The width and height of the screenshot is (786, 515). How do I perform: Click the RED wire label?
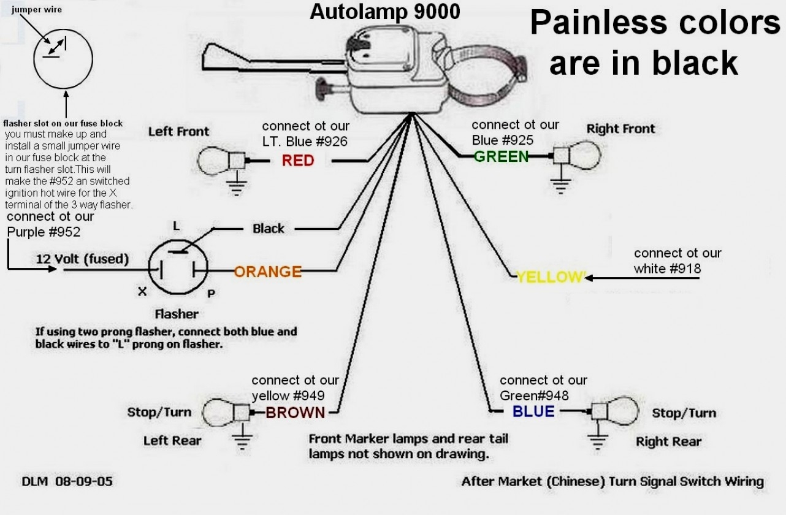click(298, 161)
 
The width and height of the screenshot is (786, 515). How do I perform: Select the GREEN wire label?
click(501, 156)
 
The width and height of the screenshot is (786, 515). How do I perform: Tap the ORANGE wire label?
click(268, 272)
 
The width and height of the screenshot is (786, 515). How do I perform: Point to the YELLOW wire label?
click(551, 277)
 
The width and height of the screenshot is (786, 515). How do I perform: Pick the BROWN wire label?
click(295, 413)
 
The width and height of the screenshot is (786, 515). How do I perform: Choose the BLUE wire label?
click(533, 411)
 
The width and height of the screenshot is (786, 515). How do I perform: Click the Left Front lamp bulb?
click(213, 161)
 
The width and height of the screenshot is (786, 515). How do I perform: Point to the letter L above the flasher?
click(177, 226)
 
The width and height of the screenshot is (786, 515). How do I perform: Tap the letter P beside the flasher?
click(210, 294)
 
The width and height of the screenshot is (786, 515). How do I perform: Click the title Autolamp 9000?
click(384, 12)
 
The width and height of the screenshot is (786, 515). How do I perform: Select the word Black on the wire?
click(269, 229)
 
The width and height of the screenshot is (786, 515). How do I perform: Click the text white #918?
click(668, 269)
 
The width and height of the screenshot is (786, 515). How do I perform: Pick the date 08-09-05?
click(83, 481)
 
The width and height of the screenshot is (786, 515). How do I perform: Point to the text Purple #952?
click(44, 232)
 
